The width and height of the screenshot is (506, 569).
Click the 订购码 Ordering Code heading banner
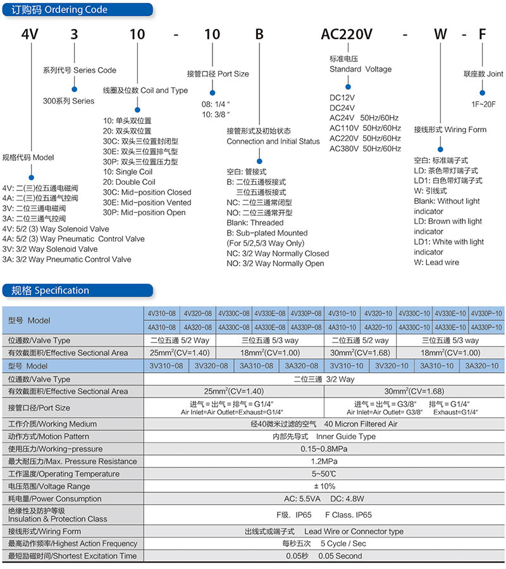(x=77, y=9)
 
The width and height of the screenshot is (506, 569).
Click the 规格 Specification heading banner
(x=77, y=291)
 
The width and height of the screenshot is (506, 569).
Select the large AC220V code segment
(x=347, y=34)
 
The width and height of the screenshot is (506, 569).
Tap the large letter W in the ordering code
(x=440, y=34)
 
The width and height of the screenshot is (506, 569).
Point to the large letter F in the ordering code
(x=482, y=34)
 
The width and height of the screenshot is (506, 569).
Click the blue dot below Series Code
(x=75, y=89)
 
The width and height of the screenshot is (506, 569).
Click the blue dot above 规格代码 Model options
(x=31, y=177)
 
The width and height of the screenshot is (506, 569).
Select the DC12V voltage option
(x=342, y=97)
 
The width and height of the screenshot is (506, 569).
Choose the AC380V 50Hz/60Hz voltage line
(x=365, y=148)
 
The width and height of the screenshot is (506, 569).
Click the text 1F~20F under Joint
(x=483, y=104)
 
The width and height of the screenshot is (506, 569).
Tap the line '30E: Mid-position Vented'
(x=147, y=203)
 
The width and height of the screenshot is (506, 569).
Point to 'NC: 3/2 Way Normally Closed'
(x=278, y=253)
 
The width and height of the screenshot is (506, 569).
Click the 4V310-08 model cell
(x=162, y=313)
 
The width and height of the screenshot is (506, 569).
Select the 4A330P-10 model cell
(x=486, y=327)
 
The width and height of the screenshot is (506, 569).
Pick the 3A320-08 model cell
(x=302, y=366)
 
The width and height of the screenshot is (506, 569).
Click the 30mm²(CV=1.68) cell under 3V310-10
(x=414, y=391)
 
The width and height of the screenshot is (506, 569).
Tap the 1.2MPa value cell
(x=324, y=461)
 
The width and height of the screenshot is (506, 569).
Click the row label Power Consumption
(x=55, y=499)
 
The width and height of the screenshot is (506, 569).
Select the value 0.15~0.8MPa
(x=324, y=449)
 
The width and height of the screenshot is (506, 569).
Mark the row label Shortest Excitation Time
(x=73, y=556)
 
